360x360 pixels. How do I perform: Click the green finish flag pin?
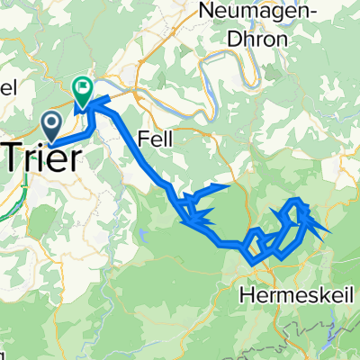tap(81, 89)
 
